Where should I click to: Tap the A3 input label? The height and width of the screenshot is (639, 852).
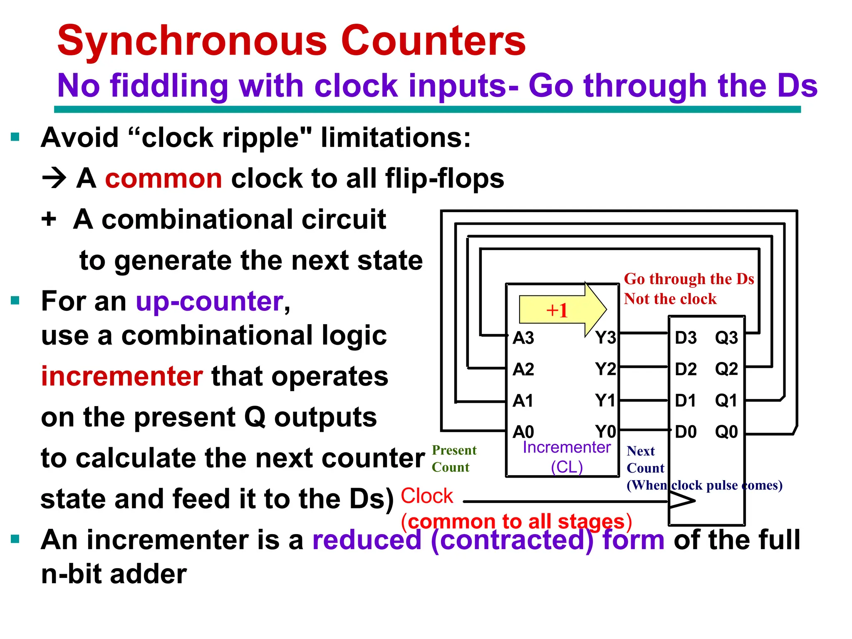[523, 338]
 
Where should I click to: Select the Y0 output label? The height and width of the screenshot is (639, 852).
[605, 432]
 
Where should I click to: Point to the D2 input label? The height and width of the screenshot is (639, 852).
[685, 369]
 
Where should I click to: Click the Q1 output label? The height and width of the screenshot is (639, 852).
[726, 401]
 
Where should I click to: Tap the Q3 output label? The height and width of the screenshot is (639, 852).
[726, 338]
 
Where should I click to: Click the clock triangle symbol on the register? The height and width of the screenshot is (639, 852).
[681, 501]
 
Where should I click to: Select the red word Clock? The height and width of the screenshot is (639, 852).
[426, 496]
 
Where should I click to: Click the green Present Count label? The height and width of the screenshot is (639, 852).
[454, 458]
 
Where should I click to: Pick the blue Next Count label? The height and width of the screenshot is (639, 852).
[645, 459]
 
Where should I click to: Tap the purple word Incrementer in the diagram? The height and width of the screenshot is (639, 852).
[566, 447]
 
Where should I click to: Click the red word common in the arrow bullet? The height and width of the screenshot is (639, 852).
[163, 178]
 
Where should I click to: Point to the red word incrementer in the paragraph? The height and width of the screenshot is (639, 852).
[122, 376]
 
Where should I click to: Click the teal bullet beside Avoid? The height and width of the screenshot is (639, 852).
[15, 137]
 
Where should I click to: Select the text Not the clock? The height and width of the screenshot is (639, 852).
[670, 299]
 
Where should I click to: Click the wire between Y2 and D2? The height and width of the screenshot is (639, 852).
[644, 367]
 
